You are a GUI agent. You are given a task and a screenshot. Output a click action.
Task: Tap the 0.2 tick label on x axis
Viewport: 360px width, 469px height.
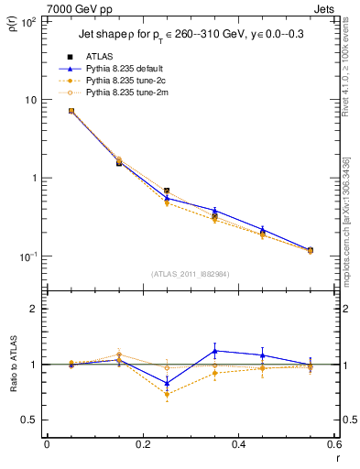coord(142,444)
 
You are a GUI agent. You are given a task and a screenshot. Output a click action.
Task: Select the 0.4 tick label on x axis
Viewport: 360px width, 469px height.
coord(238,444)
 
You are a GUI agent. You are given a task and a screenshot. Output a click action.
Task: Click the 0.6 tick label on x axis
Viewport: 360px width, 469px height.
coord(333,444)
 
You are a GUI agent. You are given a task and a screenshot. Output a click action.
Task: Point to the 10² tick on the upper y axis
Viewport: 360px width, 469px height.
coord(29,21)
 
